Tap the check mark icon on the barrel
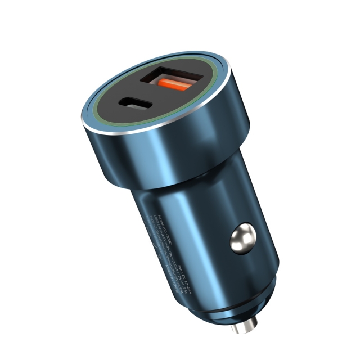tap(155, 245)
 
